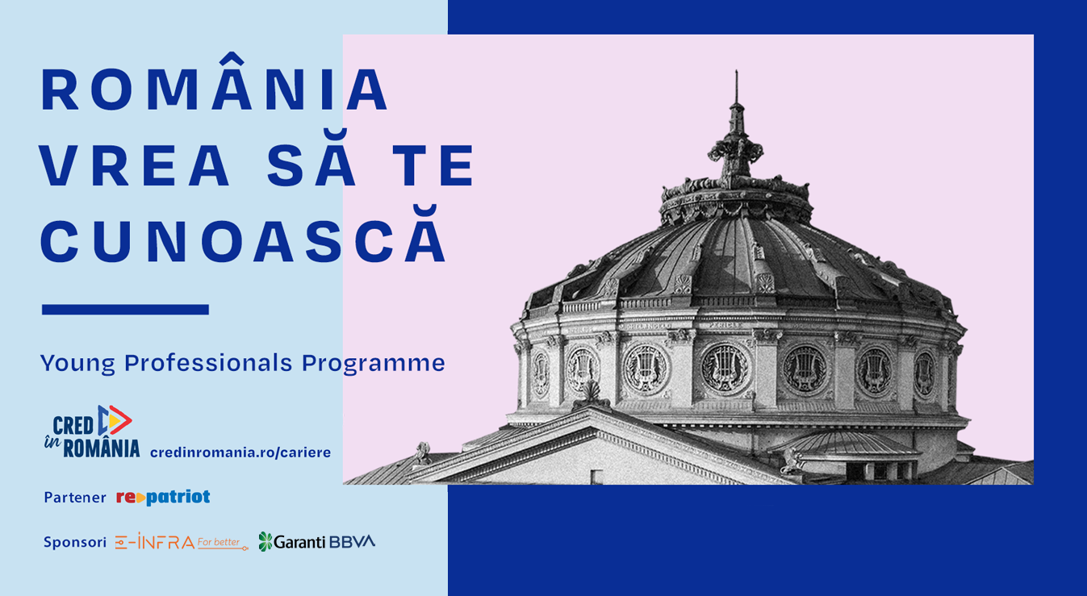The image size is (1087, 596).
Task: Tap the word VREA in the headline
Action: pyautogui.click(x=135, y=165)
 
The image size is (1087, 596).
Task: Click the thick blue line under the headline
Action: pyautogui.click(x=125, y=310)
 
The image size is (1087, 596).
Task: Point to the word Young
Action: pyautogui.click(x=77, y=364)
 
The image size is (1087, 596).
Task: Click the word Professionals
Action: pyautogui.click(x=208, y=363)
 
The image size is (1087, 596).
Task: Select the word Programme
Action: pyautogui.click(x=373, y=364)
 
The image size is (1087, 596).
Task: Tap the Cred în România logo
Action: pyautogui.click(x=92, y=431)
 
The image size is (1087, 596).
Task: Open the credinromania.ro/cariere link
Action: pyautogui.click(x=240, y=452)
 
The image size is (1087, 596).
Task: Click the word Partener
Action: pyautogui.click(x=75, y=497)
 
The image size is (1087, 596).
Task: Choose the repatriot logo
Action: pyautogui.click(x=163, y=497)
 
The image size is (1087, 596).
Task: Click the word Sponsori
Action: pyautogui.click(x=75, y=542)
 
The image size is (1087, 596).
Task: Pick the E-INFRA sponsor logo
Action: pyautogui.click(x=182, y=542)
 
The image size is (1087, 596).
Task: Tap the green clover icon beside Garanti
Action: pyautogui.click(x=265, y=542)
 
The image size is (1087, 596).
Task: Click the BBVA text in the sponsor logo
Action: pyautogui.click(x=352, y=542)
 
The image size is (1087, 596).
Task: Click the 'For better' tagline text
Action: pyautogui.click(x=219, y=542)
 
